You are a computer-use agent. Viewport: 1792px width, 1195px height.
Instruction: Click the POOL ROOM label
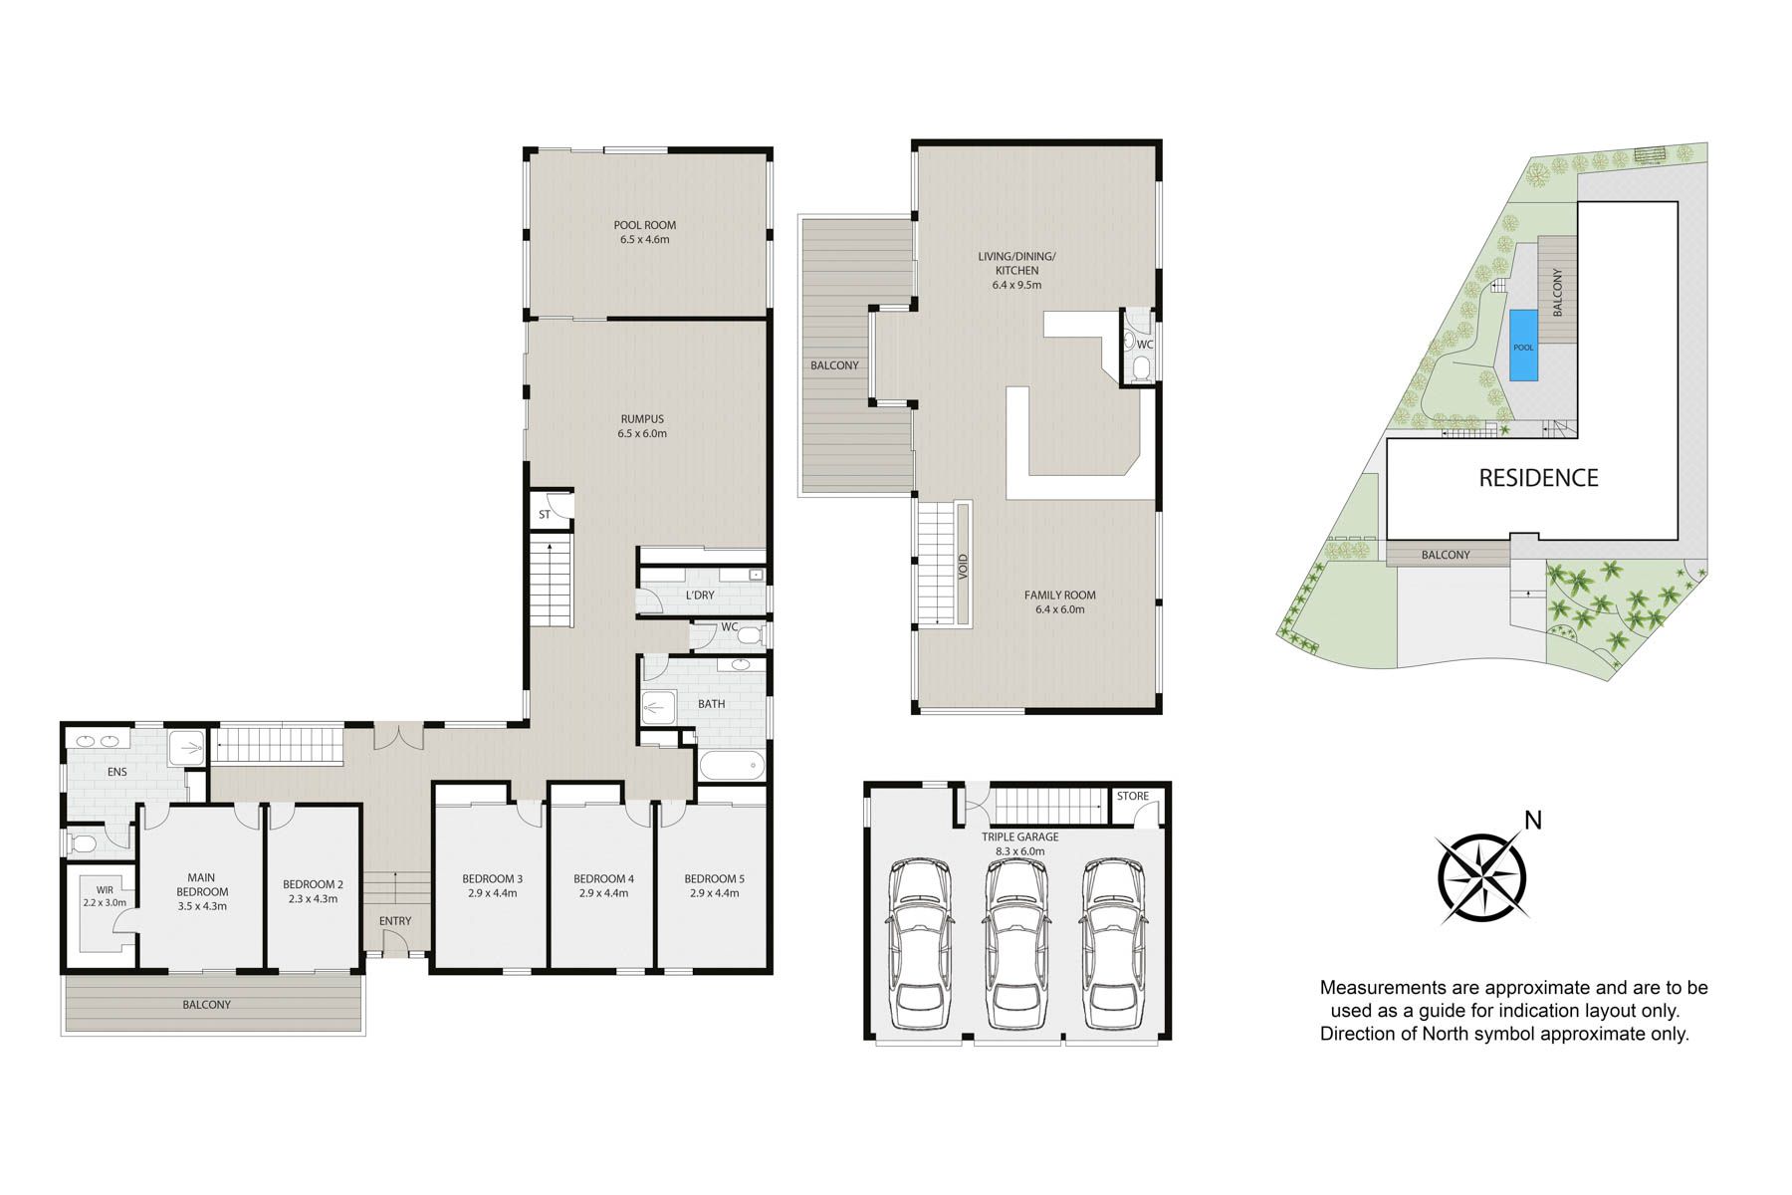(644, 225)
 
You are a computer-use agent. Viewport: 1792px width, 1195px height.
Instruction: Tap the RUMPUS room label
(642, 419)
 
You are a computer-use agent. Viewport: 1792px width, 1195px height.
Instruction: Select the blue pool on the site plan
(1523, 346)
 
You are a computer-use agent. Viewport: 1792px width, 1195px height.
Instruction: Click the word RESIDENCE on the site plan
(1538, 478)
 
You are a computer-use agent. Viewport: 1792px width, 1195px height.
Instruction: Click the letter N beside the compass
(1533, 821)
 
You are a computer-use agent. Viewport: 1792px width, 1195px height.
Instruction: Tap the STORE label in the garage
(1133, 797)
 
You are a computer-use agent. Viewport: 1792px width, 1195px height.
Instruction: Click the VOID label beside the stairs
(963, 567)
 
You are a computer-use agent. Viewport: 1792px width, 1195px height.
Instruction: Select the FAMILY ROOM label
(1059, 596)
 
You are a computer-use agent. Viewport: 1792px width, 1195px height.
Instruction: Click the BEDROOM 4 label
(603, 879)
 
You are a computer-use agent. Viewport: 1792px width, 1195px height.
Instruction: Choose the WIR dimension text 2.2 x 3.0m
(105, 903)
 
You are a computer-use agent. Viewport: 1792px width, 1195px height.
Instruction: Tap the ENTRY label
(395, 921)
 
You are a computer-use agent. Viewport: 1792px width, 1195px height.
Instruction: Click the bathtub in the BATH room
(732, 767)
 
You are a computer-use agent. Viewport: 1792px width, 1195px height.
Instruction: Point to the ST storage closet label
(545, 515)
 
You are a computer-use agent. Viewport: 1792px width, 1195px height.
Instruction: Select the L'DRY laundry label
(700, 596)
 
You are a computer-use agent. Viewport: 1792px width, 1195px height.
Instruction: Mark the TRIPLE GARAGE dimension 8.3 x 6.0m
(1019, 851)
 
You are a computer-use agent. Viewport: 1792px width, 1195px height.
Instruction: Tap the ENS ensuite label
(117, 772)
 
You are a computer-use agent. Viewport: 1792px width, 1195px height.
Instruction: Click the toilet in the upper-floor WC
(1140, 370)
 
